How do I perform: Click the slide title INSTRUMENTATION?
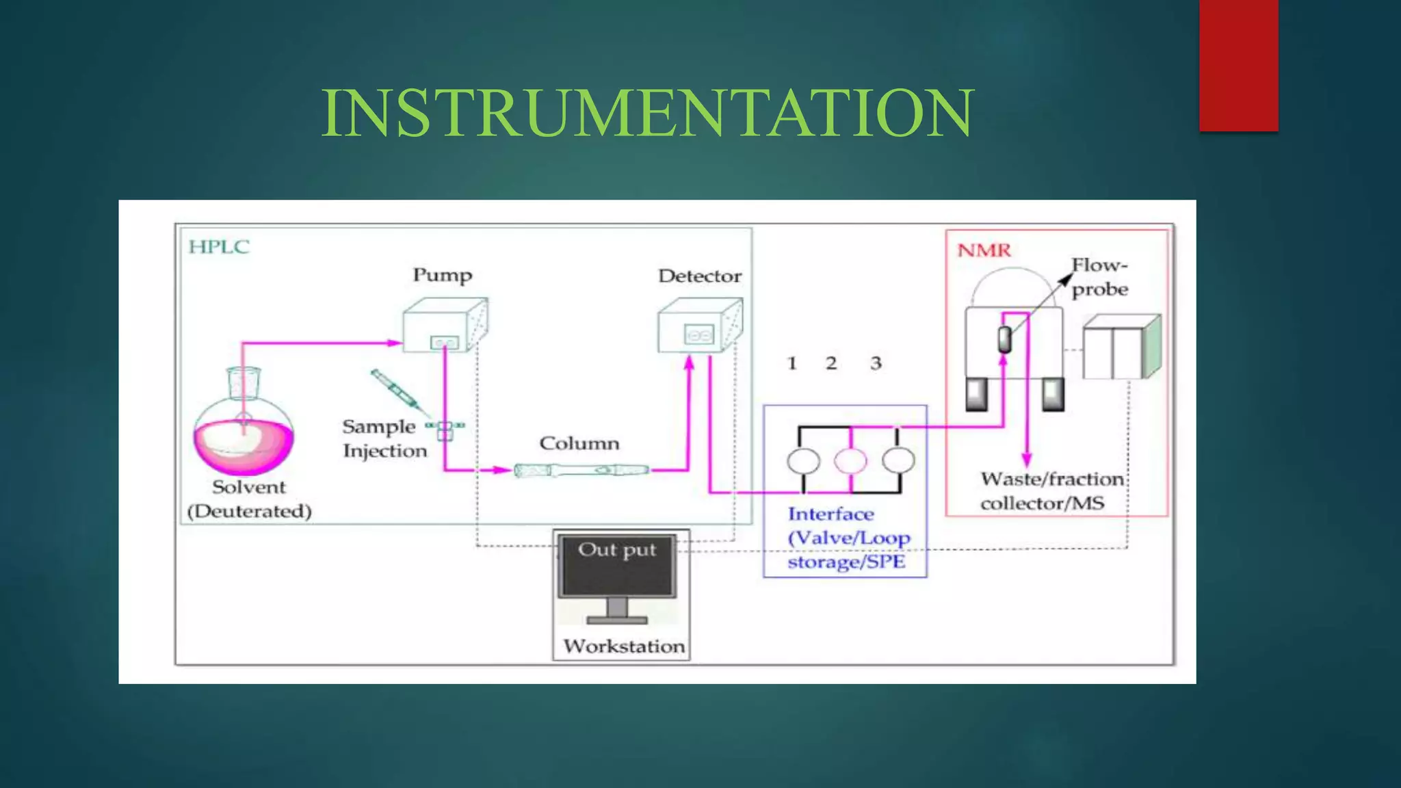click(647, 113)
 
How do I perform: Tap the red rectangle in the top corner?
click(1238, 65)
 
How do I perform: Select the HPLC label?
click(219, 247)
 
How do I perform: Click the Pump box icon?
click(445, 326)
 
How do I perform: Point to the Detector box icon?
click(699, 326)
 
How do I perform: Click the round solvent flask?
click(244, 438)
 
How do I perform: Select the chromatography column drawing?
click(581, 471)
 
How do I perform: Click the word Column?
click(579, 443)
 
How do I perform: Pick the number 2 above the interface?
click(831, 363)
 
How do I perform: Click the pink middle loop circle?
click(850, 461)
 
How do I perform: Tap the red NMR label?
click(984, 250)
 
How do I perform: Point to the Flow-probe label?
click(1099, 277)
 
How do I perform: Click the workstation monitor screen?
click(617, 566)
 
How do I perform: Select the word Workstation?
click(624, 646)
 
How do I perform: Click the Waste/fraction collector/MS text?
click(1051, 491)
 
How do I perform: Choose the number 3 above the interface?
click(876, 363)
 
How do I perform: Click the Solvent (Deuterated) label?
click(249, 499)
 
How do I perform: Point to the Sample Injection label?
click(383, 438)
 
